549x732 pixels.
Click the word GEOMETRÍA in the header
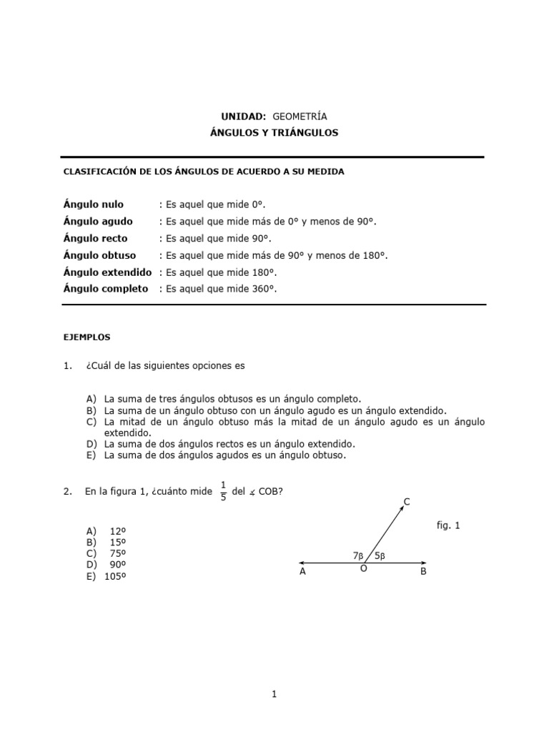point(300,116)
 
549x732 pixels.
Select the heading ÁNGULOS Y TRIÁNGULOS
point(274,133)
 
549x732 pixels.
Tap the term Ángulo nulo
point(94,204)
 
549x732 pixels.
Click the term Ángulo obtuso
point(99,255)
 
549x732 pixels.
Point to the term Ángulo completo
point(105,289)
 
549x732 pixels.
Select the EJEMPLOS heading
point(87,335)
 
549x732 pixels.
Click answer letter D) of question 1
point(91,443)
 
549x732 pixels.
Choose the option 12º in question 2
point(117,531)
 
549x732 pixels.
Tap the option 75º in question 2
point(117,553)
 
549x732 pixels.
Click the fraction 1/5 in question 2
point(223,491)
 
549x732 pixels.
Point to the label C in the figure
point(407,503)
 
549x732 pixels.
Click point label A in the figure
point(302,572)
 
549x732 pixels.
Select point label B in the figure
point(423,572)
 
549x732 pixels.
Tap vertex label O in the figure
point(363,569)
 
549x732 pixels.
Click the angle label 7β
point(358,555)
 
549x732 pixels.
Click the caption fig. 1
point(448,525)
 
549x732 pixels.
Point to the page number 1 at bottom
point(274,693)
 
